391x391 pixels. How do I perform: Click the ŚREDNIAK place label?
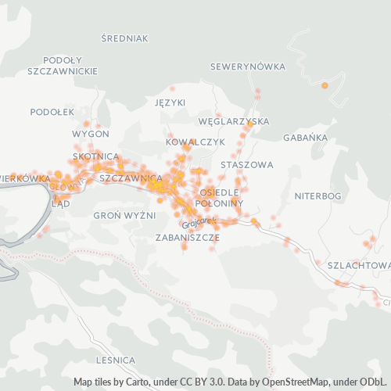click(124, 37)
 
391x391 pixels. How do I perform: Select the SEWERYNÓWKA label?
click(248, 66)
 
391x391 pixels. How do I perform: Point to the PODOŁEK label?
click(52, 112)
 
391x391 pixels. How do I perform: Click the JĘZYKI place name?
click(170, 102)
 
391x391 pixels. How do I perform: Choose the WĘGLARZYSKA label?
click(234, 122)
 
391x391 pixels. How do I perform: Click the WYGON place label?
click(90, 134)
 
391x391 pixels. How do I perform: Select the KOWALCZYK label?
click(195, 142)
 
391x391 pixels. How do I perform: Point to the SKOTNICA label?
click(95, 156)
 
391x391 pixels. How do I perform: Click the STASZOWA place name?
click(247, 165)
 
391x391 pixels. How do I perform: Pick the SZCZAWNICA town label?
click(131, 178)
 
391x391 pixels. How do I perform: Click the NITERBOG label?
click(318, 195)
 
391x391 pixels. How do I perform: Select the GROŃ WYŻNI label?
click(124, 215)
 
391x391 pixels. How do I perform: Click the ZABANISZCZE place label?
click(187, 236)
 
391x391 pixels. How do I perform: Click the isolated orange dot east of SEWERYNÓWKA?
click(325, 84)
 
